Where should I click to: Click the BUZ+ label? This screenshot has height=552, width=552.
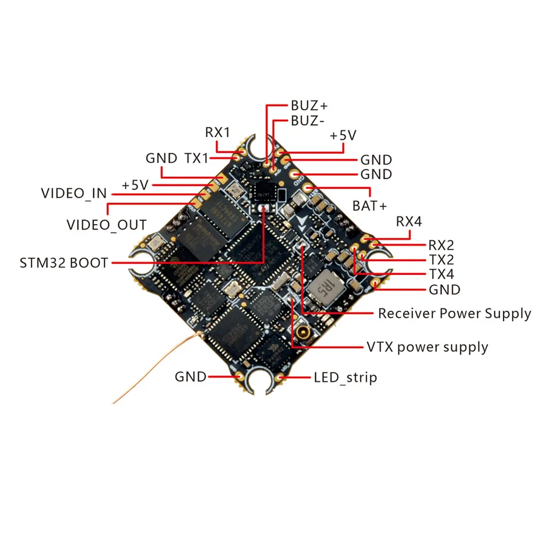[x=310, y=105]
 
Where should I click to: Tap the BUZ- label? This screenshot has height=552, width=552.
[x=308, y=121]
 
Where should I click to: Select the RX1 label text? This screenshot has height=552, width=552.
[x=217, y=132]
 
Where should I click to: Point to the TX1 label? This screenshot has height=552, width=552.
[x=197, y=158]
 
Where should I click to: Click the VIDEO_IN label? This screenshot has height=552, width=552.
[x=75, y=194]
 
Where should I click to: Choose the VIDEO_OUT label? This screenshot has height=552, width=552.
[x=107, y=225]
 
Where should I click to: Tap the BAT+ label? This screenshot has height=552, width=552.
[x=370, y=205]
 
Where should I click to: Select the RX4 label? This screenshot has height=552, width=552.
[x=409, y=222]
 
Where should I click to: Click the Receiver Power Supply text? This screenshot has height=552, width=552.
[x=454, y=314]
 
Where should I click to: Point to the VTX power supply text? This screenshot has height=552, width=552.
[x=427, y=347]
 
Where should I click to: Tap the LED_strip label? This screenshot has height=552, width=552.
[x=346, y=378]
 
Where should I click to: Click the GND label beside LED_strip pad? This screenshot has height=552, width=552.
[x=190, y=377]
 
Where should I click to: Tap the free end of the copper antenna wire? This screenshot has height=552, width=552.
[x=114, y=402]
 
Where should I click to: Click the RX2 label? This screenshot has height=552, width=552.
[x=441, y=245]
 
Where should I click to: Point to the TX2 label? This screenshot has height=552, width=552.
[x=441, y=259]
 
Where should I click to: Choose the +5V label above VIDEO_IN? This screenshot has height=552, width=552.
[x=136, y=185]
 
